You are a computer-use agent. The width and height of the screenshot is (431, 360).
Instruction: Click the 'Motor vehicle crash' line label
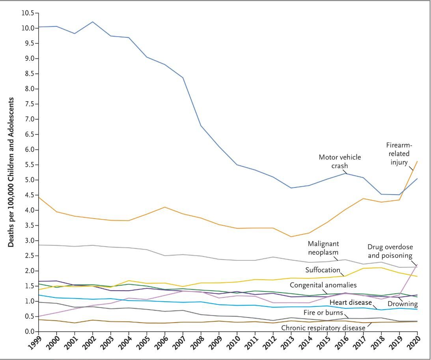pos(340,161)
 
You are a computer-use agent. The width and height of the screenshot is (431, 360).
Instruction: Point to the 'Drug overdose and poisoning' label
pos(390,251)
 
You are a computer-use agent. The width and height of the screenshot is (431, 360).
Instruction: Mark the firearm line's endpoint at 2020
pos(418,161)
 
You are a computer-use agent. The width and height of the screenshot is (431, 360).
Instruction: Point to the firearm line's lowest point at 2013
pos(291,237)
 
